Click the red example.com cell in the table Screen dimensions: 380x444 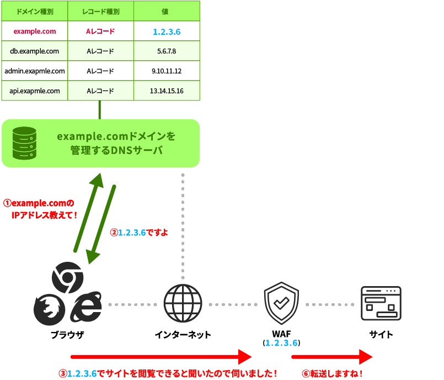pyautogui.click(x=35, y=31)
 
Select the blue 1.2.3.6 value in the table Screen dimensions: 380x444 pyautogui.click(x=167, y=32)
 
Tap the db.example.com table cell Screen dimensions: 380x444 pyautogui.click(x=35, y=51)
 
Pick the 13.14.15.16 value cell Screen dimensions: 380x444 pyautogui.click(x=167, y=91)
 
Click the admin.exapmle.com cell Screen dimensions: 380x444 pyautogui.click(x=35, y=71)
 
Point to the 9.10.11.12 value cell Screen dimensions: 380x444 pyautogui.click(x=167, y=71)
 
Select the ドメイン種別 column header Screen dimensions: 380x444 pyautogui.click(x=35, y=11)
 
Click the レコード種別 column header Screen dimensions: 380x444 pyautogui.click(x=100, y=11)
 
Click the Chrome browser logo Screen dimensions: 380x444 pyautogui.click(x=67, y=276)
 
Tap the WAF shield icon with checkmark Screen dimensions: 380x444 pyautogui.click(x=281, y=304)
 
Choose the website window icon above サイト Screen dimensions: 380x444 pyautogui.click(x=381, y=303)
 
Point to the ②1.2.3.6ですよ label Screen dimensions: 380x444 pyautogui.click(x=138, y=233)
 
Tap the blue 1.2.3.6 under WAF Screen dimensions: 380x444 pyautogui.click(x=281, y=343)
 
